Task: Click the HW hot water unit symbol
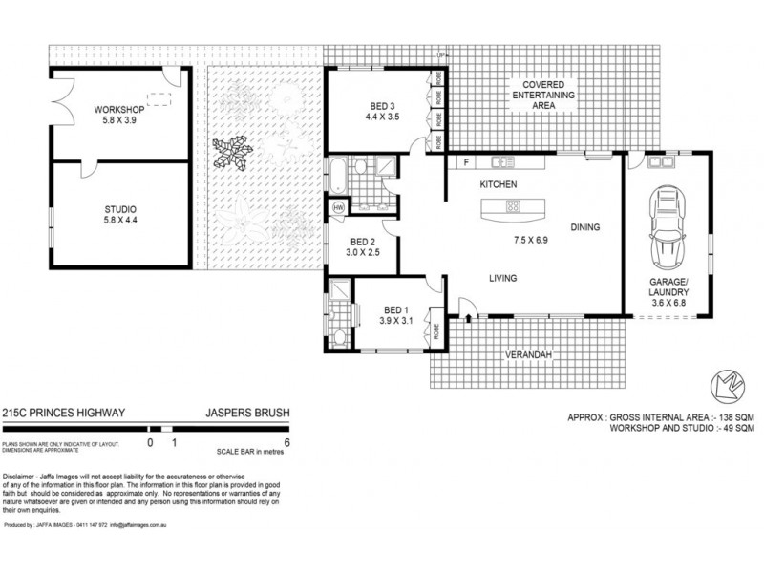tap(339, 208)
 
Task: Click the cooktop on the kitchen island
tap(513, 204)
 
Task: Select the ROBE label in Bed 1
tap(436, 333)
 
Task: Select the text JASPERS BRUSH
tap(248, 413)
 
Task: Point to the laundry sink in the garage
tap(658, 162)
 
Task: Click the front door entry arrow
tap(469, 318)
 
